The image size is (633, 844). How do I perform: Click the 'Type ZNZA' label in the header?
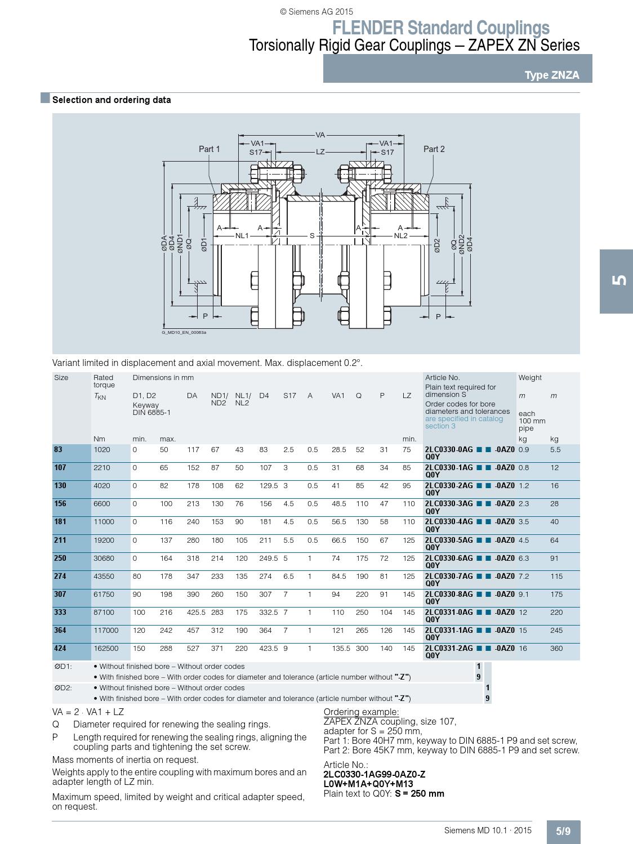click(551, 75)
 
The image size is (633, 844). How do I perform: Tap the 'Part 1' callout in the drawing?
click(209, 149)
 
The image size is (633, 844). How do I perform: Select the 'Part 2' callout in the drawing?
click(434, 149)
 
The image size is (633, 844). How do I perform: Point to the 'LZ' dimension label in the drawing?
click(320, 152)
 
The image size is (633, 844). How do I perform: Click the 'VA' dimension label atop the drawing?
click(320, 135)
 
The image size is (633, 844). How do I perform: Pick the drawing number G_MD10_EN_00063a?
click(184, 332)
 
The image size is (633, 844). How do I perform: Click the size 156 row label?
click(60, 504)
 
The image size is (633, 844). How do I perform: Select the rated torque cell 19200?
click(104, 540)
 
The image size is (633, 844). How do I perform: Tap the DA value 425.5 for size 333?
click(196, 612)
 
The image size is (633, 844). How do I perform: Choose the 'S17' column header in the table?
click(289, 396)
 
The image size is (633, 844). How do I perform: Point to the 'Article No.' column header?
click(442, 378)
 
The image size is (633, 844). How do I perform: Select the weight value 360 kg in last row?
click(556, 648)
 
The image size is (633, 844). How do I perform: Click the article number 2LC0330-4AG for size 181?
click(449, 522)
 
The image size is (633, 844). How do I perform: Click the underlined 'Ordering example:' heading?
click(361, 712)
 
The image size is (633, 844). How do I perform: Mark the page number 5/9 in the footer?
click(563, 832)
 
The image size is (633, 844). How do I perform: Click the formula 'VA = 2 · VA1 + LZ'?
click(88, 712)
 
